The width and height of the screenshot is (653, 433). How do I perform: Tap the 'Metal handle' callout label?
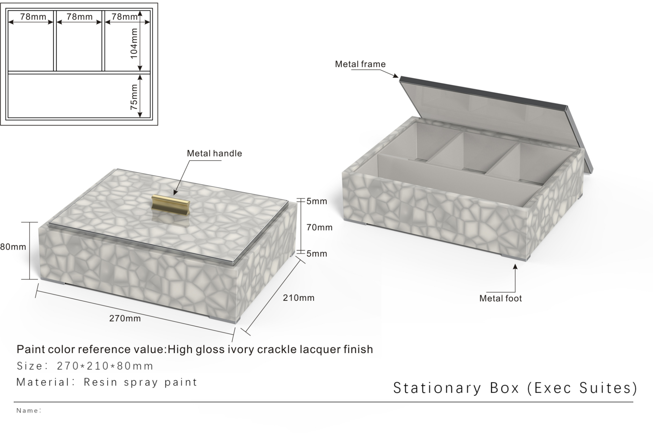(214, 153)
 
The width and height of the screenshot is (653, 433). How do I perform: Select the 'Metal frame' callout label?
(360, 64)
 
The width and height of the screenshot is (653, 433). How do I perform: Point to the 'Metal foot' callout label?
(501, 298)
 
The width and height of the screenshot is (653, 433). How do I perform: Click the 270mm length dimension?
(125, 318)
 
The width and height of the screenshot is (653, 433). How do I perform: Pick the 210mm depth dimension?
(298, 298)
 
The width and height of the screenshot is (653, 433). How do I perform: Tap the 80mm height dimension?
(13, 247)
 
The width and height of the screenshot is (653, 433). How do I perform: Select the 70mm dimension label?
(319, 227)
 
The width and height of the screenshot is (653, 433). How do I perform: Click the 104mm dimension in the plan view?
(134, 43)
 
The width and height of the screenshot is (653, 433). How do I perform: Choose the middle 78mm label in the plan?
(79, 16)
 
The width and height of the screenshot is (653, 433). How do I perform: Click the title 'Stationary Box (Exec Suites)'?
(515, 388)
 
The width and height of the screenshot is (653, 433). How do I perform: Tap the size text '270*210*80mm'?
(105, 366)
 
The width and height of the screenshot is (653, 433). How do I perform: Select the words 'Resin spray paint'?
(140, 382)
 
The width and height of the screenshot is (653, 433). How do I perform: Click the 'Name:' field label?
(29, 410)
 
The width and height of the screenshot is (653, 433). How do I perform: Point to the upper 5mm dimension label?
(317, 201)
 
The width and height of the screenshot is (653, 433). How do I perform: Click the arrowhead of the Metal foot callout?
(515, 266)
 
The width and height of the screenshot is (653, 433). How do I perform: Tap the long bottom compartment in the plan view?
(79, 95)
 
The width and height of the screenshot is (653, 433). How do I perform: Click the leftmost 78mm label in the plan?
(33, 16)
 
